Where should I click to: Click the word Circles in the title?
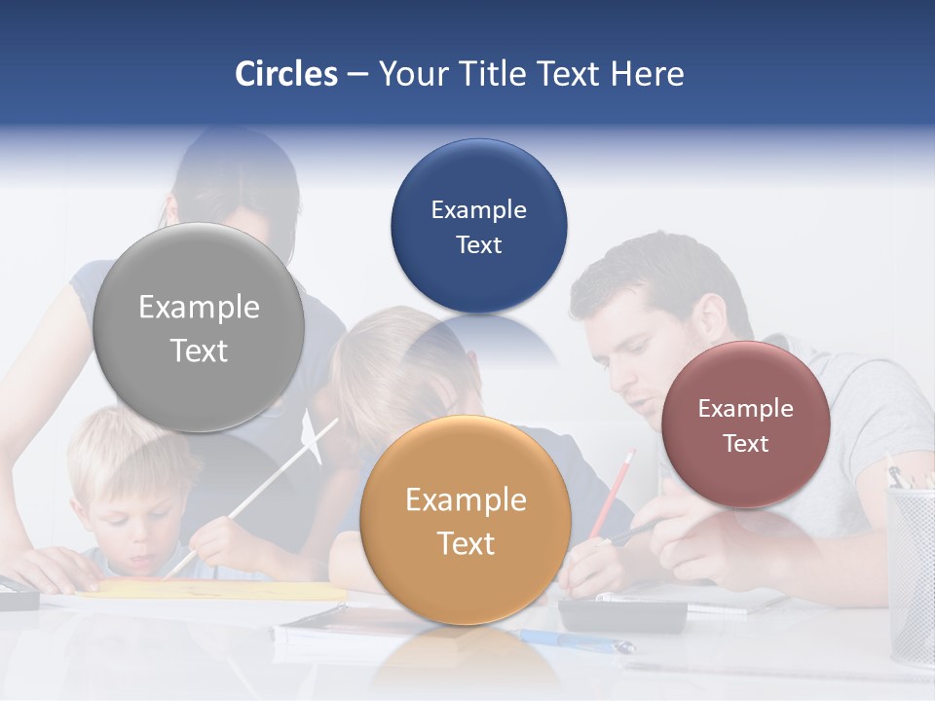[x=285, y=74]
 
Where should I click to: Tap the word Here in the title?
[x=647, y=74]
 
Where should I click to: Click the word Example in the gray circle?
[x=199, y=308]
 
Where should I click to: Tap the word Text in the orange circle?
[x=466, y=543]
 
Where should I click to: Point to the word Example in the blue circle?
[x=478, y=210]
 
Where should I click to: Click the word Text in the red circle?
[x=746, y=444]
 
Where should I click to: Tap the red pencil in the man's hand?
[x=615, y=492]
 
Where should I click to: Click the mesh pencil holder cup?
[x=910, y=574]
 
